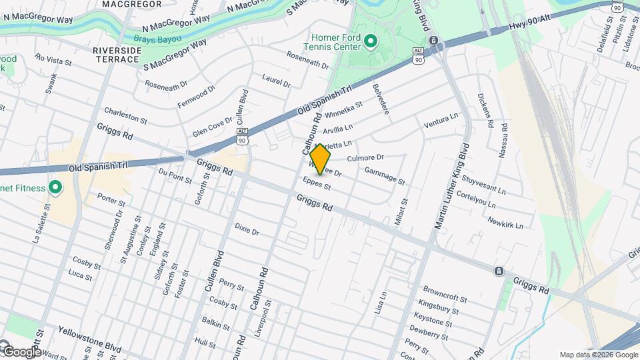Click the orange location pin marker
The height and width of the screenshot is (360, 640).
[x=321, y=159]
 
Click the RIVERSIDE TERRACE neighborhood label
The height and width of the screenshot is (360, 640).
[x=116, y=55]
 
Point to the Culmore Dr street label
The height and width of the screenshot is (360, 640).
[x=366, y=158]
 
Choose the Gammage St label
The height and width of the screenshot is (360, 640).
[x=385, y=175]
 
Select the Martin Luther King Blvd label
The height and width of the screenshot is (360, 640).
[x=453, y=187]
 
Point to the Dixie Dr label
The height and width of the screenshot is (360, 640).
[x=247, y=230]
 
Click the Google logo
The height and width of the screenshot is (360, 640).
[x=22, y=351]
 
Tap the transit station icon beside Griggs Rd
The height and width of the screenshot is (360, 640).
[x=499, y=271]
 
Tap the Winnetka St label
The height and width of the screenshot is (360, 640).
[x=344, y=111]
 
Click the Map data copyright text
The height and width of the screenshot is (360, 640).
[x=598, y=355]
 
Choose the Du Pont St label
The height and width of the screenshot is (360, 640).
[x=175, y=175]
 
